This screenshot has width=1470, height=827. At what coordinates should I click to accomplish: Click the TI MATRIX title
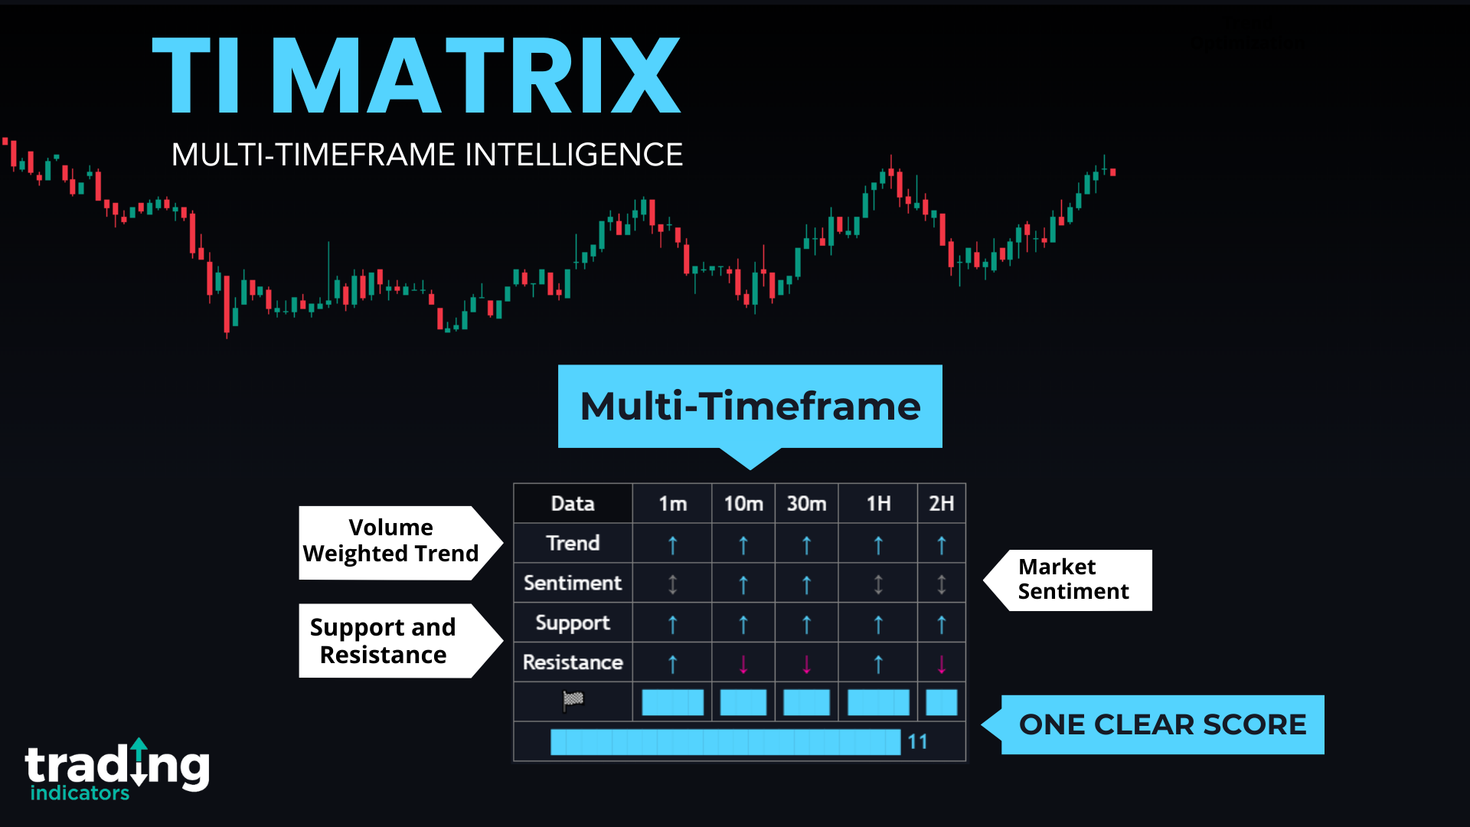[x=416, y=76]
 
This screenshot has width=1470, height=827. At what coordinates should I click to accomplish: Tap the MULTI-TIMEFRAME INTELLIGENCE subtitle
[x=426, y=155]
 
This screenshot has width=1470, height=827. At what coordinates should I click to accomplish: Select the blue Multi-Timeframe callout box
[x=750, y=406]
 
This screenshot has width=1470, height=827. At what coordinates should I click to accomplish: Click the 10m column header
[x=743, y=504]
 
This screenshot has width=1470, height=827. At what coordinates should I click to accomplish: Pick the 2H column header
[x=941, y=504]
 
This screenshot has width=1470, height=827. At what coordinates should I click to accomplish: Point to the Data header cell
[x=573, y=504]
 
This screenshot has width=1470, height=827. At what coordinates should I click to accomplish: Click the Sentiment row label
[x=573, y=583]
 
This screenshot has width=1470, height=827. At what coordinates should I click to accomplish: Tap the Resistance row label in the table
[x=573, y=662]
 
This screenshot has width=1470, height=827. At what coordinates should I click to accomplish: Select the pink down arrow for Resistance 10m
[x=743, y=664]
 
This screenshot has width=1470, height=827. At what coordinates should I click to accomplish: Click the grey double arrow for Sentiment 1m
[x=673, y=584]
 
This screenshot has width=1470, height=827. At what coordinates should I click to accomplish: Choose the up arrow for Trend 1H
[x=878, y=545]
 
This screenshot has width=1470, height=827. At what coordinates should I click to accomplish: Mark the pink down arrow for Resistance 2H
[x=942, y=664]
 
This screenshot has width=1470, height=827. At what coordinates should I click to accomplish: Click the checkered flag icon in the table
[x=573, y=700]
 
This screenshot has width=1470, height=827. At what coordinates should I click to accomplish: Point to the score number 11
[x=917, y=742]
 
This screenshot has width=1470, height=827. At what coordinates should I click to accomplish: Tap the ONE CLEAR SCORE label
[x=1162, y=724]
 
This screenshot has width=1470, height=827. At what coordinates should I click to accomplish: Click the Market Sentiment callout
[x=1073, y=580]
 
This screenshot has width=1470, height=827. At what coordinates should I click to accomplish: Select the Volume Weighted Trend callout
[x=390, y=541]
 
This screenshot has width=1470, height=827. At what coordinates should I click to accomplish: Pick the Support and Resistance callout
[x=384, y=641]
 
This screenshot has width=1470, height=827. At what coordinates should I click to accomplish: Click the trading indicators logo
[x=117, y=770]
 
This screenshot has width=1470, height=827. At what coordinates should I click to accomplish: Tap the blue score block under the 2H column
[x=941, y=702]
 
